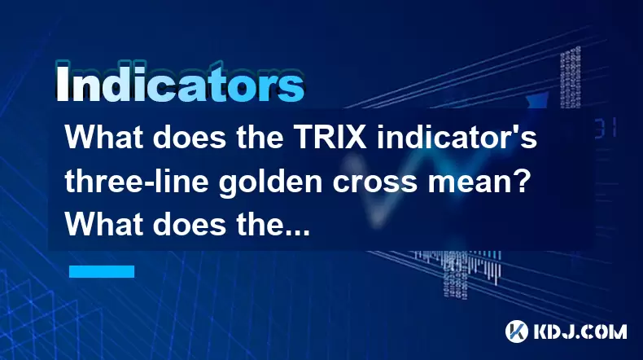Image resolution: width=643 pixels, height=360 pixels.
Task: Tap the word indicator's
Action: point(457,138)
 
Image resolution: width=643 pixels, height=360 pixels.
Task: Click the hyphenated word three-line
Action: point(136,182)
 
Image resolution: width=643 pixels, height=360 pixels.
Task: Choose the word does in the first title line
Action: point(190,138)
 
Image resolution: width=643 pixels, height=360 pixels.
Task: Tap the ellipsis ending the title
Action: point(296,233)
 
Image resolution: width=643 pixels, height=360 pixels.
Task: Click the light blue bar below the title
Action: point(102,271)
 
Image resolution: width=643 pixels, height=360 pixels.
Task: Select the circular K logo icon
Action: point(517,331)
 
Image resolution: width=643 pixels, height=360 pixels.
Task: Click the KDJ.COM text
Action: point(580,331)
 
